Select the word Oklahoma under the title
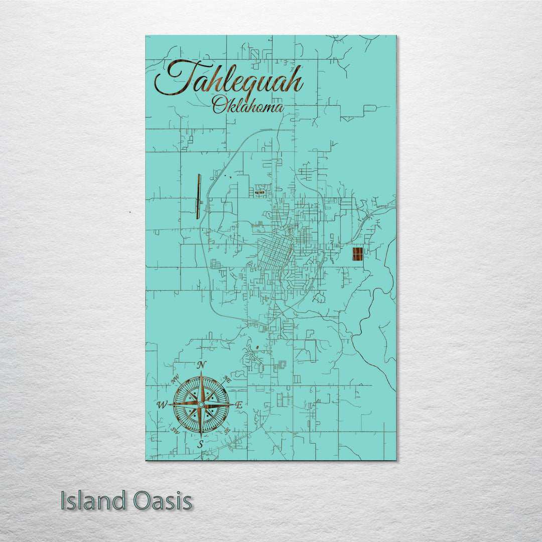247,105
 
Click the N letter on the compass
202,365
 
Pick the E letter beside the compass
239,404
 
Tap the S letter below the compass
200,444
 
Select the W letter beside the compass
162,404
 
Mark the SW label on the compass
176,430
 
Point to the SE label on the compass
227,430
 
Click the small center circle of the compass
201,404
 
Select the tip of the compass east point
232,404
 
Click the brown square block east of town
357,254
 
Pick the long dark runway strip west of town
198,197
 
